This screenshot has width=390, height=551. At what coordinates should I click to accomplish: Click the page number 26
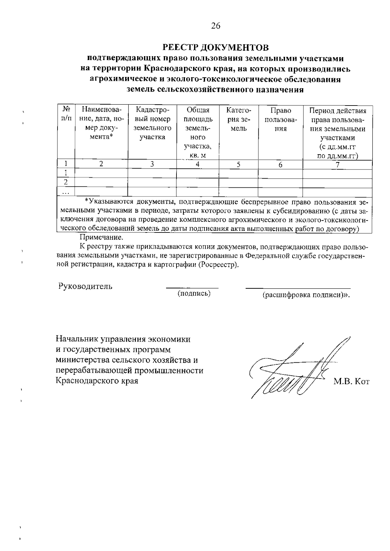tap(215, 26)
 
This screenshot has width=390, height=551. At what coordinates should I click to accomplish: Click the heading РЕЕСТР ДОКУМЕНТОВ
tap(215, 48)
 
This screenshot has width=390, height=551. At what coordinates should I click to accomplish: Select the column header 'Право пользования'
tap(280, 119)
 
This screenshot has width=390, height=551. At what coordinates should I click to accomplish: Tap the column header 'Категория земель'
tap(239, 119)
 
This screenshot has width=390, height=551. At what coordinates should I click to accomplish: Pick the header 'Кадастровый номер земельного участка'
tap(152, 124)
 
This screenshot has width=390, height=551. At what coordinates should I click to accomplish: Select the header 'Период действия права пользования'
tap(337, 132)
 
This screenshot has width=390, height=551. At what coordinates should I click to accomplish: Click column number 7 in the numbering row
tap(338, 165)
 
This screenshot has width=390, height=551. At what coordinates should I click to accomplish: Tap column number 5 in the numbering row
tap(239, 165)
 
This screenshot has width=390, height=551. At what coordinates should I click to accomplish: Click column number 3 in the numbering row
tap(152, 164)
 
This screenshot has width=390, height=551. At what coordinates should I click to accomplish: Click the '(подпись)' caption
tap(194, 294)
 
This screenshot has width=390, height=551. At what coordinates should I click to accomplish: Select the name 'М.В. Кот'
tap(352, 382)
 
